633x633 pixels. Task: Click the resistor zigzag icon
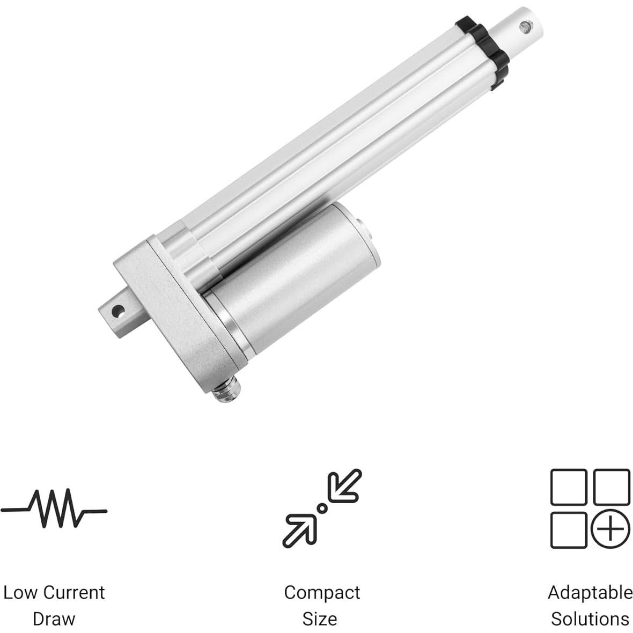point(54,509)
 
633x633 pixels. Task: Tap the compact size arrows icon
point(322,508)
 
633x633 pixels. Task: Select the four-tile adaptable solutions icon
point(590,508)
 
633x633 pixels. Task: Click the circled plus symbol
point(610,530)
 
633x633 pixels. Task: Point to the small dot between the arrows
point(322,507)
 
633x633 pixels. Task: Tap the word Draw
point(54,619)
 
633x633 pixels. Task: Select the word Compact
point(322,592)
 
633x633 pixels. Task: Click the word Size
point(320,619)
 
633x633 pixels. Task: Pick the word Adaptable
point(590,592)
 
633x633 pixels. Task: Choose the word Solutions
point(590,619)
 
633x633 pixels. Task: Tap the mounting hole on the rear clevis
point(117,310)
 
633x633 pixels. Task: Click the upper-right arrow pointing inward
point(345,485)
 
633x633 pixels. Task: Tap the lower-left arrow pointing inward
point(299,531)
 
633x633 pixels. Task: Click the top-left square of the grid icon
point(569,487)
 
